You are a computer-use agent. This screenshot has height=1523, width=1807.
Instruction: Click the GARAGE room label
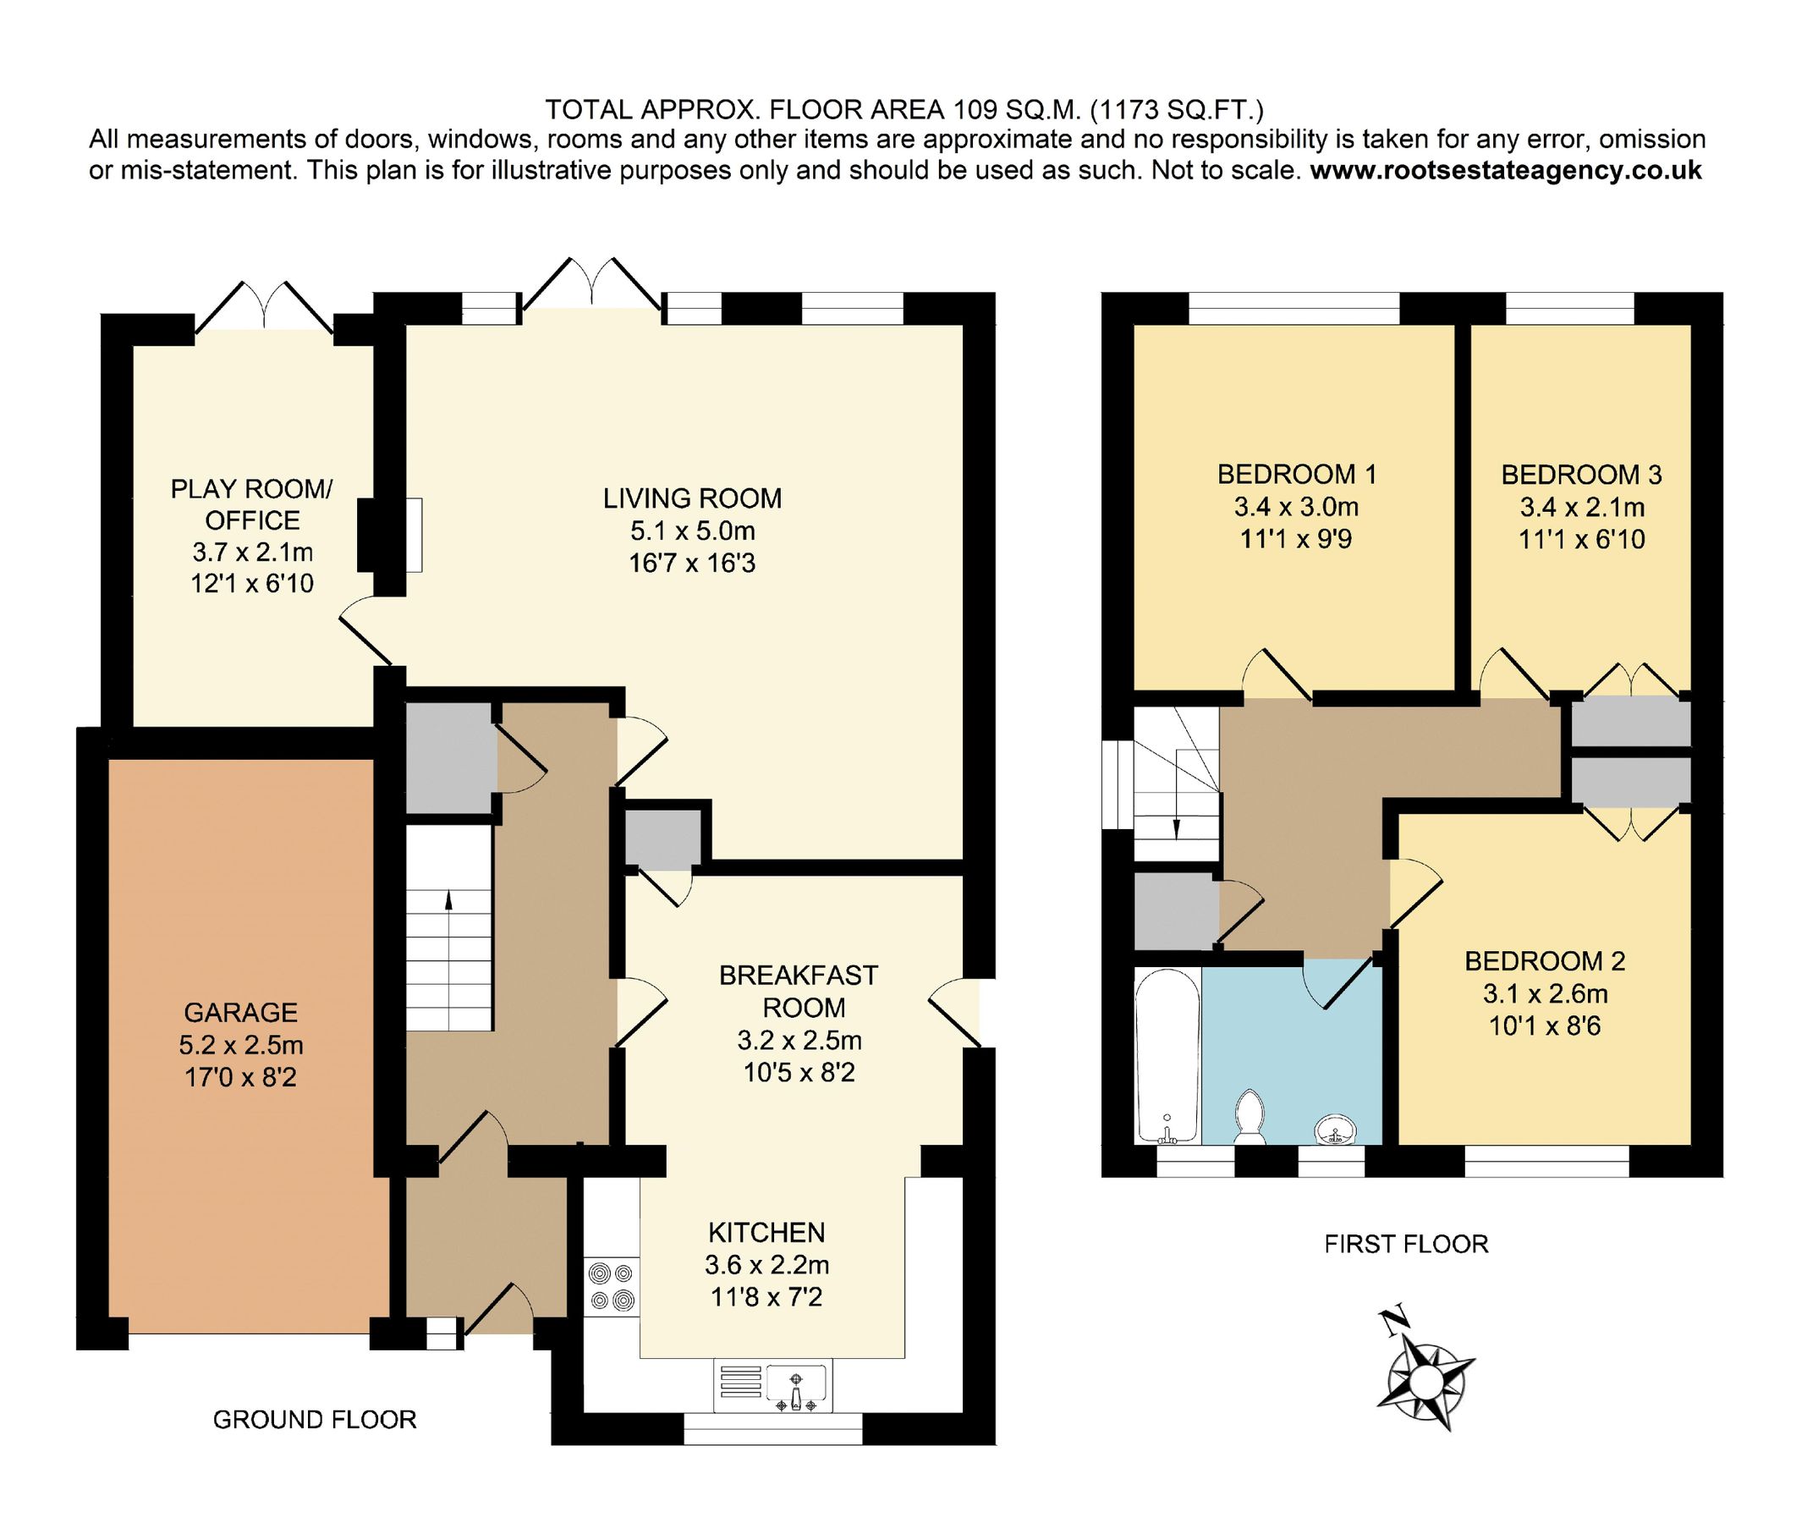tap(240, 1012)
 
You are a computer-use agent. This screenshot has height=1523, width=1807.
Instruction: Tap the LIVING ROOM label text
tap(691, 498)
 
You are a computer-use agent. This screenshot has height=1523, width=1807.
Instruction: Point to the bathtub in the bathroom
tap(1167, 1055)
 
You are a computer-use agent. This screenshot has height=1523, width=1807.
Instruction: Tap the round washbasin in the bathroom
tap(1336, 1129)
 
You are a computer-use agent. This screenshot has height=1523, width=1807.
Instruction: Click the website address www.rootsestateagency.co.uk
tap(1506, 170)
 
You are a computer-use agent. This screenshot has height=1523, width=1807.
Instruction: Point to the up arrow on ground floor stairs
tap(448, 900)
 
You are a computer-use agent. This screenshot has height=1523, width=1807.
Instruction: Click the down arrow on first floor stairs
tap(1176, 827)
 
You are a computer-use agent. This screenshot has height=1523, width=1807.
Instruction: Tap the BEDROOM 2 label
tap(1545, 961)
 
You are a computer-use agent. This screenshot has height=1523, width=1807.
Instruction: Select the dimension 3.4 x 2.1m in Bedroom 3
tap(1582, 507)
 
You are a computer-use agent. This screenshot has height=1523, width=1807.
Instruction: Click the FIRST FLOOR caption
tap(1405, 1244)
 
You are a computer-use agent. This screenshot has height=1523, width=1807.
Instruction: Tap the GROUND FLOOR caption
tap(314, 1420)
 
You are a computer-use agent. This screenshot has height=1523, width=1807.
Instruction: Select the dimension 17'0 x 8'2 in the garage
tap(240, 1077)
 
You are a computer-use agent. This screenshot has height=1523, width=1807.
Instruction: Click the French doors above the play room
tap(263, 306)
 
